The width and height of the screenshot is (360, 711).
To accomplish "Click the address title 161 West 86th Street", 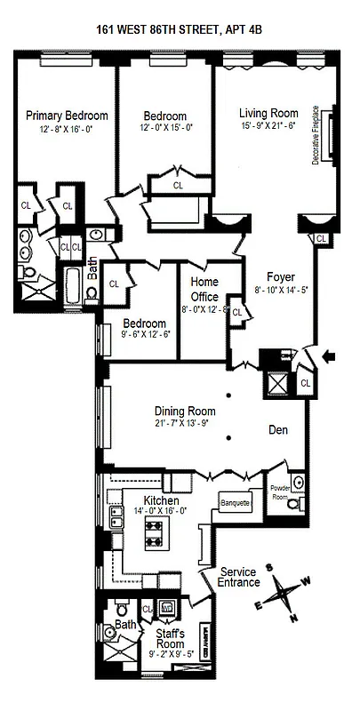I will (179, 30).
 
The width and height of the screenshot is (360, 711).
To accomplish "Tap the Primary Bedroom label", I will (67, 116).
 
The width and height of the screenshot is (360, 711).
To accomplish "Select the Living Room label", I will (268, 112).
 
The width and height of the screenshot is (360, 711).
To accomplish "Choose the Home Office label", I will (204, 289).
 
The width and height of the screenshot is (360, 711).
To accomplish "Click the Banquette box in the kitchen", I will (234, 503).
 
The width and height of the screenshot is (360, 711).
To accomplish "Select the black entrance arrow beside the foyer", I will (332, 357).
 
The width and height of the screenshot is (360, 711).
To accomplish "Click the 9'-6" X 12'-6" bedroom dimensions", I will (143, 334).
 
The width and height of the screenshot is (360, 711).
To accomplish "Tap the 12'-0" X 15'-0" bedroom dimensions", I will (166, 128).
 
